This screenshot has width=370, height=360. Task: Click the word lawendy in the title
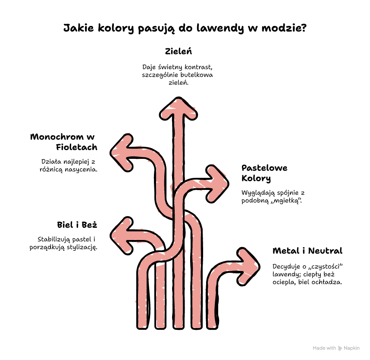tap(220, 28)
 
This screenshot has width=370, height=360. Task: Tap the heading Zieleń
tap(179, 51)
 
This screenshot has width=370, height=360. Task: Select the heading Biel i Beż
tap(77, 224)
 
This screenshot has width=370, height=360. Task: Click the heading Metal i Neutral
tap(307, 251)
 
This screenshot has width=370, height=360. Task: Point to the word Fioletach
tap(76, 147)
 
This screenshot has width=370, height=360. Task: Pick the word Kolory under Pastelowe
tap(256, 179)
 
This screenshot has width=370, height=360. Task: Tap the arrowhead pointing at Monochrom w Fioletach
tap(122, 153)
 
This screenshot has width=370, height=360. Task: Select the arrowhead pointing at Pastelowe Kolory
tap(217, 184)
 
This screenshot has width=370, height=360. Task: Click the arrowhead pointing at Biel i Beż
tap(122, 236)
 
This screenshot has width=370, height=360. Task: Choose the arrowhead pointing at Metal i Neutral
tap(248, 266)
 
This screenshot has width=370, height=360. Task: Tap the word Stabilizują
tap(54, 240)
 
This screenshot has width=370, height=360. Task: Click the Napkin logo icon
tap(340, 348)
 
